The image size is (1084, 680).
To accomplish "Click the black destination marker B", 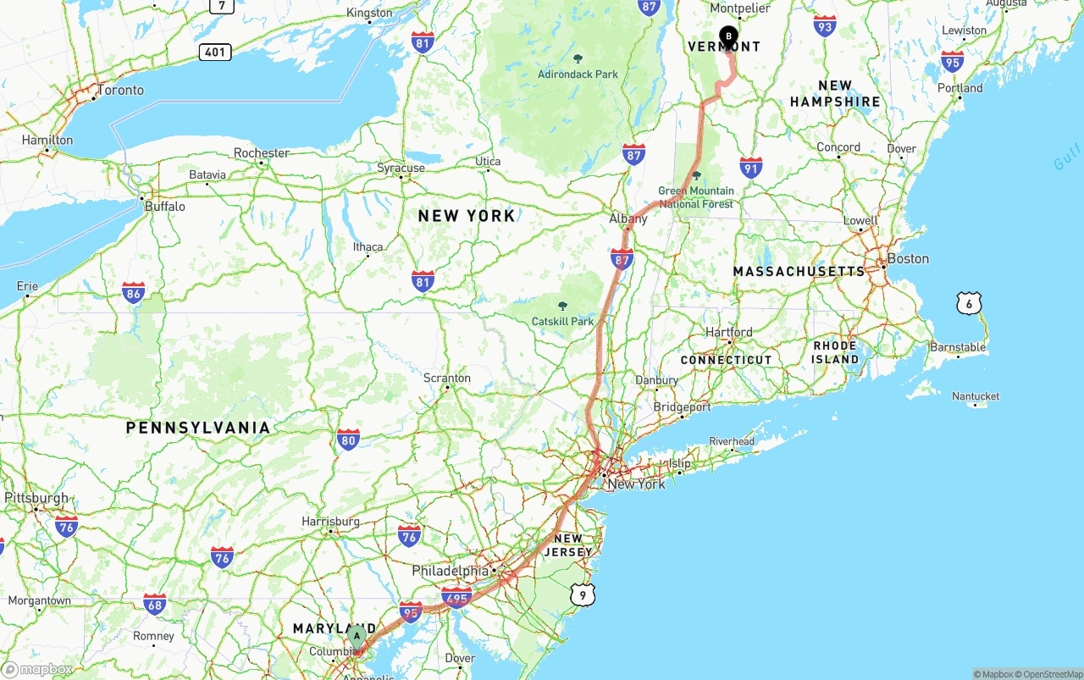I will pyautogui.click(x=728, y=36).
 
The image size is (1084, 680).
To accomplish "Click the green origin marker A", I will pyautogui.click(x=357, y=635).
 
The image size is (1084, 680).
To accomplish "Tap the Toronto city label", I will pyautogui.click(x=120, y=90).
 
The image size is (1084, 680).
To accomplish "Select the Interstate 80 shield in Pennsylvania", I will pyautogui.click(x=348, y=440).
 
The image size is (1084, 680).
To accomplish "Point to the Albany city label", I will pyautogui.click(x=628, y=218).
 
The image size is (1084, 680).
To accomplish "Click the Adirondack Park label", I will pyautogui.click(x=578, y=74).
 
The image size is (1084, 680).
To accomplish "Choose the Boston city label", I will pyautogui.click(x=907, y=258).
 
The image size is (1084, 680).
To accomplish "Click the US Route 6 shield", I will pyautogui.click(x=970, y=303).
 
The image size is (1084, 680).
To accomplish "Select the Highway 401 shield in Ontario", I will pyautogui.click(x=216, y=53).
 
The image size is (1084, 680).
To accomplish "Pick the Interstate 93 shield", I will pyautogui.click(x=824, y=25).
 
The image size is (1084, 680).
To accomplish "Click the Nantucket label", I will pyautogui.click(x=975, y=395).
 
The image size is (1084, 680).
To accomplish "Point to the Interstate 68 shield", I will pyautogui.click(x=154, y=604).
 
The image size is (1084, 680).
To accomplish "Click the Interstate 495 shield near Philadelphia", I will pyautogui.click(x=456, y=597).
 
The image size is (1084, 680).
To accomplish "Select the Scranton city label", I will pyautogui.click(x=446, y=378).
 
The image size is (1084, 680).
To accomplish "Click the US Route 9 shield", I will pyautogui.click(x=582, y=595).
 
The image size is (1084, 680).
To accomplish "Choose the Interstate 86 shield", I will pyautogui.click(x=133, y=293).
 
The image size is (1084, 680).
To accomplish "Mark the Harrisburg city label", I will pyautogui.click(x=330, y=522).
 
